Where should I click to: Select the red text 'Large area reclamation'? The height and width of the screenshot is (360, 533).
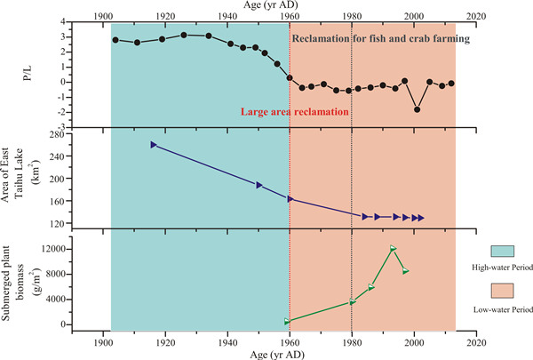tap(293, 113)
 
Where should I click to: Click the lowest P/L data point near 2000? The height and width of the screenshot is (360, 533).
tap(417, 109)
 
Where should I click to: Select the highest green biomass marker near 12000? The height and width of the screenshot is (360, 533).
tap(393, 248)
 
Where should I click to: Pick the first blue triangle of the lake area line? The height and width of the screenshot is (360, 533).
tap(153, 144)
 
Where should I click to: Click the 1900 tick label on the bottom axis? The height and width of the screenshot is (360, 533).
tap(103, 341)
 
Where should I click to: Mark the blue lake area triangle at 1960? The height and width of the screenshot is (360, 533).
tap(290, 198)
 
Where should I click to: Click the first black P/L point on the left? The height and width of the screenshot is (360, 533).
tap(115, 40)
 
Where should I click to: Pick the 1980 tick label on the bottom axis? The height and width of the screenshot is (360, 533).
tap(352, 341)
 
